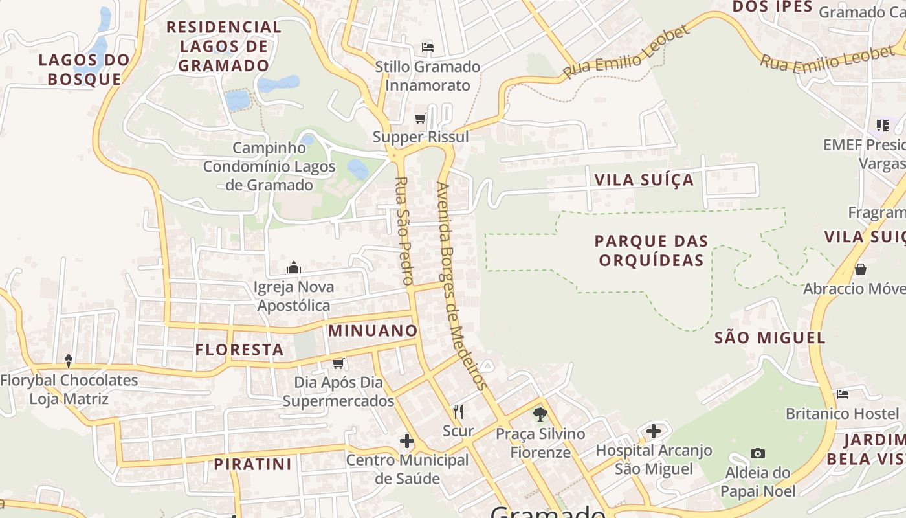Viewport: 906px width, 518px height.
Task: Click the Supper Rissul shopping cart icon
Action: (420, 118)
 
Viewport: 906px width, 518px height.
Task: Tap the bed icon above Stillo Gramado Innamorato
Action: (427, 47)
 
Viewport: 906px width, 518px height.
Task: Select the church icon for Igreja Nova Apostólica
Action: (294, 267)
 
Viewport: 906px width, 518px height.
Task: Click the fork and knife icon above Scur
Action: (458, 411)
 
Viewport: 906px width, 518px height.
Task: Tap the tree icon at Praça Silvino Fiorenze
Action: (540, 414)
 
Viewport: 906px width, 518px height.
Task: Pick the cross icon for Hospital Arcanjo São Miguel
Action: (654, 431)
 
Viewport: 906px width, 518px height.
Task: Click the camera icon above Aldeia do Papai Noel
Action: (757, 453)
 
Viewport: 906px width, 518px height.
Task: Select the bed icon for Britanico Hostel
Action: (842, 394)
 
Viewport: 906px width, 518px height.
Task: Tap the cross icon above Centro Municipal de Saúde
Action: (406, 441)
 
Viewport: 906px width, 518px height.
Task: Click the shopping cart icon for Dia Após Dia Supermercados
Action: (338, 363)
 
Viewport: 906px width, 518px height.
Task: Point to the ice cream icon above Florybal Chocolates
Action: (69, 361)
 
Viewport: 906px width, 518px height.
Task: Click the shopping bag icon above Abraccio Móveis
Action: (860, 269)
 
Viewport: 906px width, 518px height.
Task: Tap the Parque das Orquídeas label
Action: (651, 251)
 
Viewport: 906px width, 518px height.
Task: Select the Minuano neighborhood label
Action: (373, 331)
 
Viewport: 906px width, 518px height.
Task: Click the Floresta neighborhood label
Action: (239, 350)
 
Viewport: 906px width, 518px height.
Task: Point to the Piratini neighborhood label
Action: (252, 464)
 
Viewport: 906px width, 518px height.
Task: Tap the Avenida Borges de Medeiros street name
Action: (460, 285)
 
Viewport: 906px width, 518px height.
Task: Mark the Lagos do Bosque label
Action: (84, 69)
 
